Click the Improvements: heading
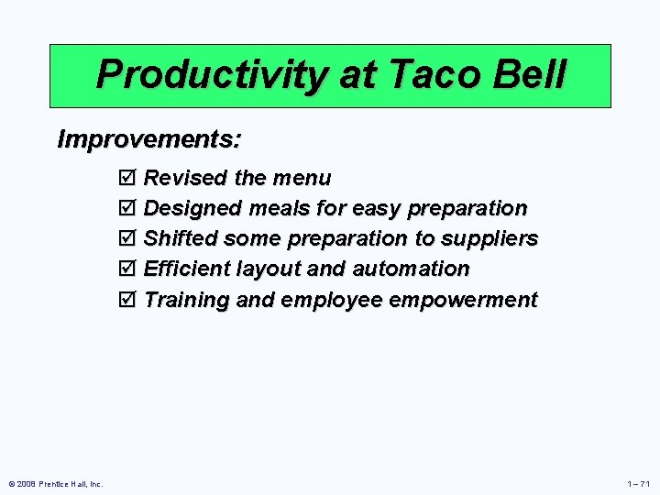click(x=149, y=139)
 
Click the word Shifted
click(x=181, y=238)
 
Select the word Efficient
click(x=187, y=269)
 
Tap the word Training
click(x=187, y=300)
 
